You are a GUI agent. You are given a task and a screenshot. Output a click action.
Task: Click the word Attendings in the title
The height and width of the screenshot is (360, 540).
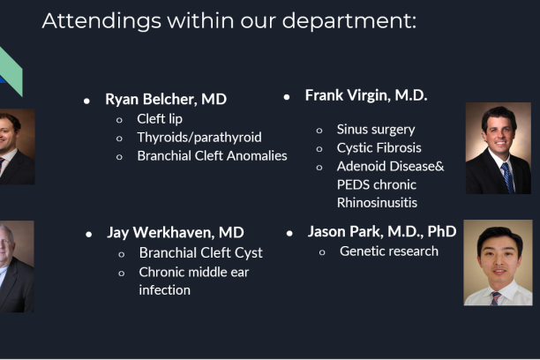101,21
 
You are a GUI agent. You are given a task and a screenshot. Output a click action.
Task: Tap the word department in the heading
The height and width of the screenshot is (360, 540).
349,21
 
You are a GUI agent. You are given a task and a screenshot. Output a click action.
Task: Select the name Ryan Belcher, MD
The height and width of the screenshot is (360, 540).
166,99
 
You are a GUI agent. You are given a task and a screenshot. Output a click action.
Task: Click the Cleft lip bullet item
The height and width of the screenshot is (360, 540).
160,119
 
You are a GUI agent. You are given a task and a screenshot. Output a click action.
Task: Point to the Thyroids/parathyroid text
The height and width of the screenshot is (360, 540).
199,138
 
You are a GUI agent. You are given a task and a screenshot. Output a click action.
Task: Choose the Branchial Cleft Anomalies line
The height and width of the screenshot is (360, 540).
212,155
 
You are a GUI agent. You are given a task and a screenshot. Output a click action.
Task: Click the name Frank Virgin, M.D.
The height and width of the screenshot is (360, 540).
366,95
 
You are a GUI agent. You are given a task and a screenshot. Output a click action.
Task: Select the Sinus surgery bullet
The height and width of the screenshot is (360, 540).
376,130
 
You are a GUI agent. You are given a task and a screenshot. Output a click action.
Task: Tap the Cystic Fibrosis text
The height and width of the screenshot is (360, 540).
379,147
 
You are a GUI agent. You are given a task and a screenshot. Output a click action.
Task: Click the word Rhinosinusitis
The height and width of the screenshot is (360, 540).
377,203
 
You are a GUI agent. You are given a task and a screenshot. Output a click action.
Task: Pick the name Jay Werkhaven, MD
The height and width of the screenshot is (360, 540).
176,233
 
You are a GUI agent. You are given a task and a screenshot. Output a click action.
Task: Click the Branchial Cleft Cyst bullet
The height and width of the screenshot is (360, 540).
201,253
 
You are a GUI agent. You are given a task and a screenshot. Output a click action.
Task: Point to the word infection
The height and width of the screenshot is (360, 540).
165,290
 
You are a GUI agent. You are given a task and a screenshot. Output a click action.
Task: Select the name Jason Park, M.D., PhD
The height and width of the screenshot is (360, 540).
382,231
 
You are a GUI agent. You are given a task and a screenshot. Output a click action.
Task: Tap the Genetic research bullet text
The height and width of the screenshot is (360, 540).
389,251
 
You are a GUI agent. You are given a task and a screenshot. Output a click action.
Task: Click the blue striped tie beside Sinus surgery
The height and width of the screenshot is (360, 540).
508,177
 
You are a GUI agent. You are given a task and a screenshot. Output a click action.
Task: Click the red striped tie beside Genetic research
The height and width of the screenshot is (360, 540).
495,298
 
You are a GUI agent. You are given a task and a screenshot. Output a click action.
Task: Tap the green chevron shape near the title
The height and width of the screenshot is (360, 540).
11,71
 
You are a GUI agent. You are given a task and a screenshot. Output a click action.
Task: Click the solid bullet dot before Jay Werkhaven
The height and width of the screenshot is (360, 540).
89,235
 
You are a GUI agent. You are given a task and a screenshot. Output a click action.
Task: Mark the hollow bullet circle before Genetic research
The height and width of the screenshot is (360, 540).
322,252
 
